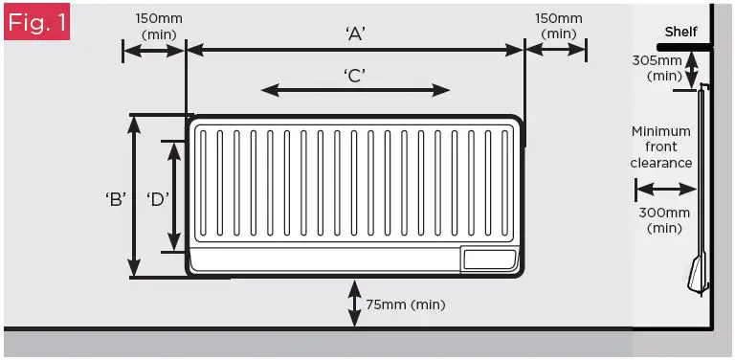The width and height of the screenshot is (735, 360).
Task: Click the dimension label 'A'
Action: (x=355, y=34)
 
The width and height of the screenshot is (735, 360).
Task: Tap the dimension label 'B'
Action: (x=116, y=200)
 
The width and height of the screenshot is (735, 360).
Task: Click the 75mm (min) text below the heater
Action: (x=405, y=304)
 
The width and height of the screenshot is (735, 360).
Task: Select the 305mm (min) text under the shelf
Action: (x=659, y=67)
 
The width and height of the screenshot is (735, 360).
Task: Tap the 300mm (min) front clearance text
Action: (x=663, y=220)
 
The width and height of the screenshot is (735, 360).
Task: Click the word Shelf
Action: (x=680, y=32)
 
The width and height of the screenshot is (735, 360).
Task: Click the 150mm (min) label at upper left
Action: (x=159, y=25)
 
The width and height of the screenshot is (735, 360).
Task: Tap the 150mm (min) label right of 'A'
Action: (x=558, y=25)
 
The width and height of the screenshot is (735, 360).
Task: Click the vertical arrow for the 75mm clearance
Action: (x=355, y=304)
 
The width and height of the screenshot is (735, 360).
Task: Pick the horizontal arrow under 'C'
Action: (x=355, y=90)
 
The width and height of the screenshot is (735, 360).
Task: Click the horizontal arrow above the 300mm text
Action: (x=661, y=190)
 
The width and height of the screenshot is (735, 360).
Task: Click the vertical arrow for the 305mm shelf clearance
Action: (x=692, y=72)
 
